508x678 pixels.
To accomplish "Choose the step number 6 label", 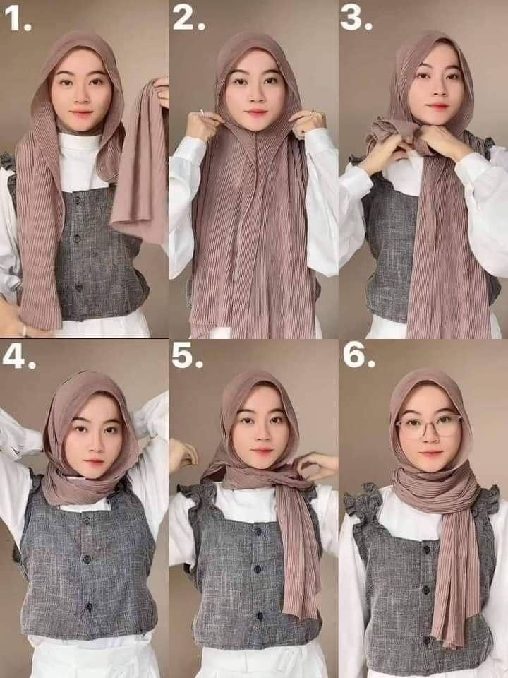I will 358,357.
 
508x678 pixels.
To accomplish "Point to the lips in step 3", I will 437,107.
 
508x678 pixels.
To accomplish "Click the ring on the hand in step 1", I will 24,330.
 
